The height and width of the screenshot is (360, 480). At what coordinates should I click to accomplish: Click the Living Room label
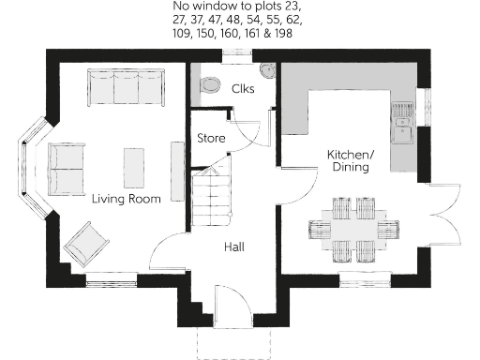(126, 199)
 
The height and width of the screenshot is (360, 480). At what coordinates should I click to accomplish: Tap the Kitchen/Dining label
(350, 160)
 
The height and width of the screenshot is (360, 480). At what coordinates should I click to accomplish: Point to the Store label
(211, 139)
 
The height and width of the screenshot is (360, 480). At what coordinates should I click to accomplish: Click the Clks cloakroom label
(244, 89)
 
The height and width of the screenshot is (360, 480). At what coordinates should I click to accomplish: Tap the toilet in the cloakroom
(208, 82)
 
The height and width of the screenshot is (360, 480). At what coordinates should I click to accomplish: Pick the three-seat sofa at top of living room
(126, 86)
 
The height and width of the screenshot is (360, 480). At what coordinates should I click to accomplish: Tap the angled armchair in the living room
(88, 242)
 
